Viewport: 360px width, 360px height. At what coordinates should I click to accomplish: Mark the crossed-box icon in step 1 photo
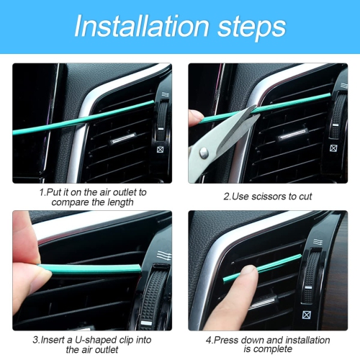click(161, 151)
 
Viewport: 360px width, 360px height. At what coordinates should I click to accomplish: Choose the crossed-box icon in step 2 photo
click(334, 149)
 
